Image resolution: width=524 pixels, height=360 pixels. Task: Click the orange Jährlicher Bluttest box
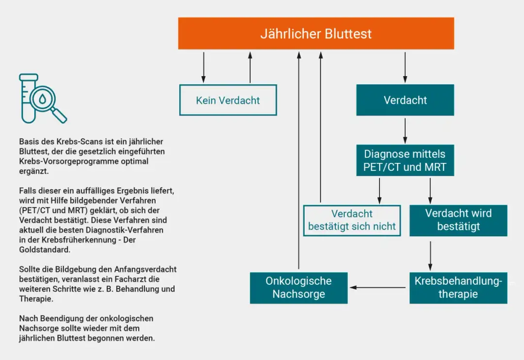(x=316, y=33)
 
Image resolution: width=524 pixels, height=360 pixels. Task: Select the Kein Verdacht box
(x=228, y=100)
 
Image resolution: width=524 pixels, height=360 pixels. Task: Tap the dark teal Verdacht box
(x=405, y=100)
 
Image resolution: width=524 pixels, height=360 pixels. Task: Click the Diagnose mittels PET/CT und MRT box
(x=405, y=161)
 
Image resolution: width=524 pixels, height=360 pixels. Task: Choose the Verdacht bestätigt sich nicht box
(x=352, y=220)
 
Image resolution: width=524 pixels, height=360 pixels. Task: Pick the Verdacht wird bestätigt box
(x=458, y=220)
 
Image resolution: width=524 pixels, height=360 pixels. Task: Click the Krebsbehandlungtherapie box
(x=458, y=288)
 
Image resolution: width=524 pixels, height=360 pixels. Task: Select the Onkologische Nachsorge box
(x=298, y=288)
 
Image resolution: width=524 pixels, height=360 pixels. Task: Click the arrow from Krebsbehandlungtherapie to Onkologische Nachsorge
(x=378, y=288)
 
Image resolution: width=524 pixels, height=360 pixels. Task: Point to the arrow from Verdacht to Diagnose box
(x=405, y=130)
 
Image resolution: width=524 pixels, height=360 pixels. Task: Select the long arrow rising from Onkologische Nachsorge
(x=299, y=160)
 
